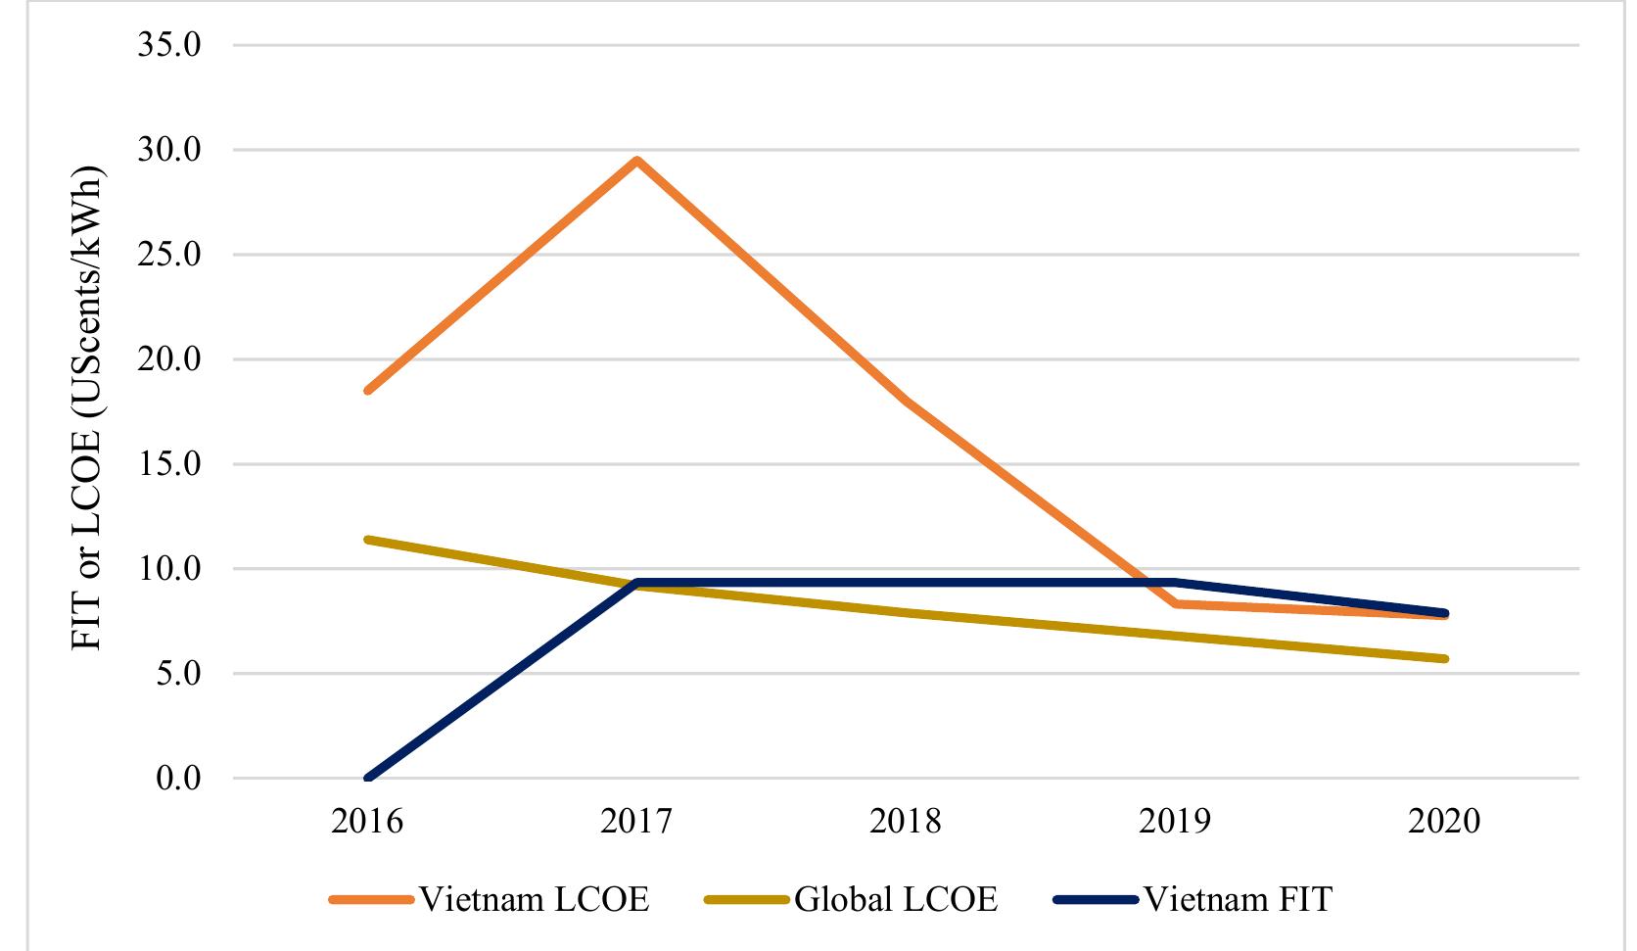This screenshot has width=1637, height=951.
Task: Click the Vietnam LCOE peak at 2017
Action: point(636,161)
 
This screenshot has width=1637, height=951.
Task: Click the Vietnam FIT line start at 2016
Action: point(368,779)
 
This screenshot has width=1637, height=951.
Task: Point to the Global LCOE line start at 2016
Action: point(368,540)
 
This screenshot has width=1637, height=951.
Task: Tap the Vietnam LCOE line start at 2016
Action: point(368,390)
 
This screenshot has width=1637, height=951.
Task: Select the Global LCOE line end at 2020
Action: point(1444,659)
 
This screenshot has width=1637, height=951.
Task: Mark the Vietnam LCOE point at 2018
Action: point(906,400)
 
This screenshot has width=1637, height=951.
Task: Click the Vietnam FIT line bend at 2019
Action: point(1175,583)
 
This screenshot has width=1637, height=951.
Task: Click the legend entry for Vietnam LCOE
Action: point(491,899)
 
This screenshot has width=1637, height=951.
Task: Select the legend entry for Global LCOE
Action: point(851,899)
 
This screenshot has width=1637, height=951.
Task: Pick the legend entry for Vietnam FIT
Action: point(1194,899)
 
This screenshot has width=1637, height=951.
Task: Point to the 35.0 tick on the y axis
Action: point(170,45)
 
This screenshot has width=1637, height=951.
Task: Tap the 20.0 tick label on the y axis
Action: point(170,359)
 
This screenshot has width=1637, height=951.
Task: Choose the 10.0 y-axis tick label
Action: point(170,569)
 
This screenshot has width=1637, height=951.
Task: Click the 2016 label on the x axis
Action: point(368,821)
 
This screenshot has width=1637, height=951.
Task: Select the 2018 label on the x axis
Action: point(906,821)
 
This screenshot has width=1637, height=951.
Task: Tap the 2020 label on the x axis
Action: point(1444,821)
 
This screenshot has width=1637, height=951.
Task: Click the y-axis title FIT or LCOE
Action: point(89,411)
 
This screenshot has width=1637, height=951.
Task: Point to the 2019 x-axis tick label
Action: point(1175,821)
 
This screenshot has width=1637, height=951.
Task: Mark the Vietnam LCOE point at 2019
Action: point(1175,604)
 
